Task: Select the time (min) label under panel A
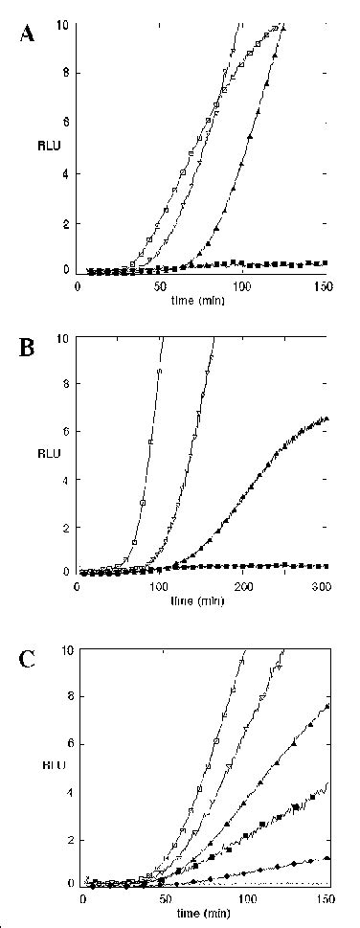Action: click(x=203, y=300)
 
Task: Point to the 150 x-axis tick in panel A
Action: click(x=326, y=286)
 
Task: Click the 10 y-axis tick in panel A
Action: click(x=63, y=23)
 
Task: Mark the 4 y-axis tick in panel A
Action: click(x=66, y=173)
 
